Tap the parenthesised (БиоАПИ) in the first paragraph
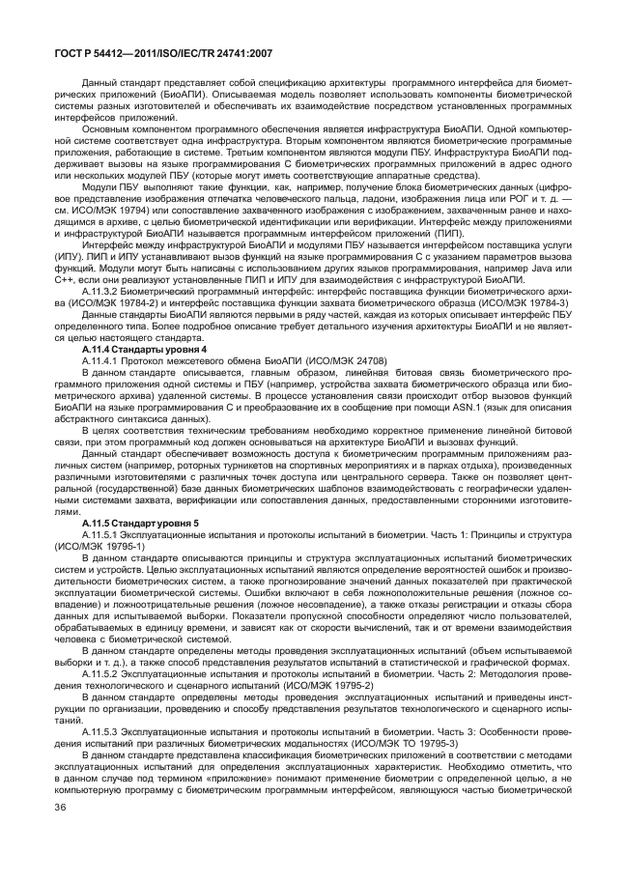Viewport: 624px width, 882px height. pyautogui.click(x=179, y=95)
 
